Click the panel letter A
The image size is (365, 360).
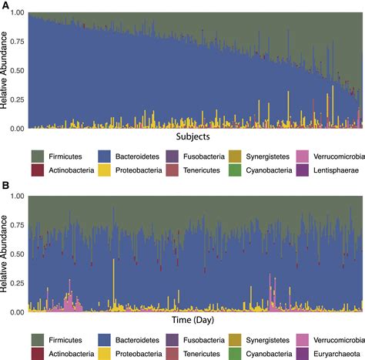(x=5, y=5)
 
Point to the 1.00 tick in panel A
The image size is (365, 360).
(x=18, y=14)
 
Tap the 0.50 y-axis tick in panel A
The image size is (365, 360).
(x=18, y=71)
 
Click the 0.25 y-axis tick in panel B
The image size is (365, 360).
(x=18, y=284)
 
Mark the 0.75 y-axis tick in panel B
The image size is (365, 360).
(x=18, y=226)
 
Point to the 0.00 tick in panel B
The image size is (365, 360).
(x=18, y=313)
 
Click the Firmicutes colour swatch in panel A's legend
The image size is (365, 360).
(x=35, y=155)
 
